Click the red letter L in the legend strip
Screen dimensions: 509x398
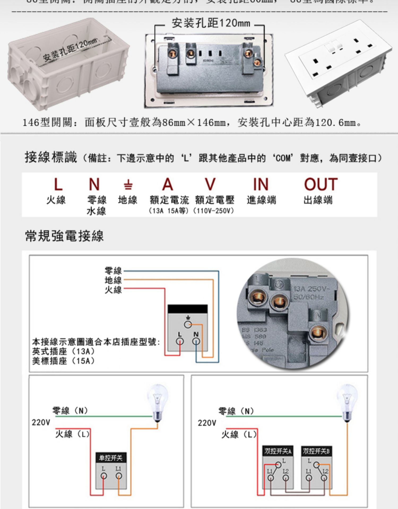[58, 184]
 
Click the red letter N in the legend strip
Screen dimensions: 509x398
[94, 184]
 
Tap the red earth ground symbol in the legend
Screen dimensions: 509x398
[128, 185]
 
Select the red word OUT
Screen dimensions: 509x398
[321, 184]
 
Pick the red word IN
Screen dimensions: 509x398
[261, 184]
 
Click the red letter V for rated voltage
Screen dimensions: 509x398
[210, 184]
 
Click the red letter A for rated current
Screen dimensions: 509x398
[168, 184]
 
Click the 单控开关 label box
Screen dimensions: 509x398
[111, 458]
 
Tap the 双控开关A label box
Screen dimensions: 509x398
[278, 451]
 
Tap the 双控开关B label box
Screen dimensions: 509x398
[316, 451]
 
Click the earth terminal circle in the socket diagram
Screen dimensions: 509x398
[188, 324]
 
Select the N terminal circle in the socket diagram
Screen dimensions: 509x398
[196, 341]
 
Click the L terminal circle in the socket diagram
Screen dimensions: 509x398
[180, 341]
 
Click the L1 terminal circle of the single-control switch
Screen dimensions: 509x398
[119, 476]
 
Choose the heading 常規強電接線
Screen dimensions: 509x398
[64, 236]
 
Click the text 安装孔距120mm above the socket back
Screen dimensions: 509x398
[211, 23]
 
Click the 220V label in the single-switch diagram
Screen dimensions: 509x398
[41, 422]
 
